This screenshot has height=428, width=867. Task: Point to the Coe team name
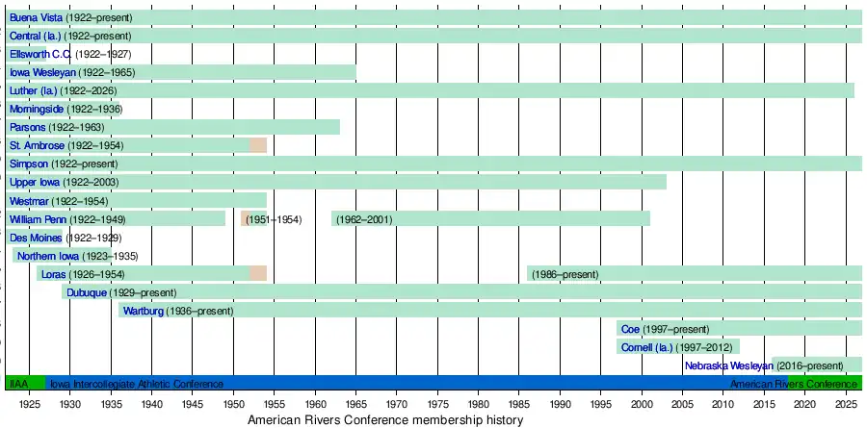tap(630, 329)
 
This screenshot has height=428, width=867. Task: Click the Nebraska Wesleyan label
tap(729, 365)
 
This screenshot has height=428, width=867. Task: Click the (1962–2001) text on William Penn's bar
tap(363, 219)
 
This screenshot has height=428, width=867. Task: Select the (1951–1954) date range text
tap(274, 219)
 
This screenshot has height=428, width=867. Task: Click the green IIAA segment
tap(19, 384)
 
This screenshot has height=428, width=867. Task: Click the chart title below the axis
tap(385, 420)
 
